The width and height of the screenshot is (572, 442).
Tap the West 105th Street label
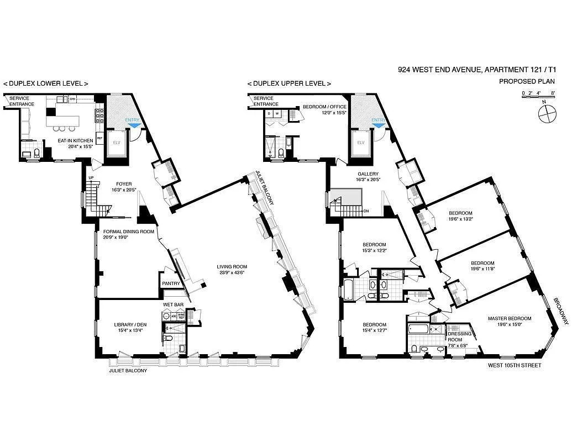(514, 366)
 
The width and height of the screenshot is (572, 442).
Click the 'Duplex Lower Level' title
(46, 83)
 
